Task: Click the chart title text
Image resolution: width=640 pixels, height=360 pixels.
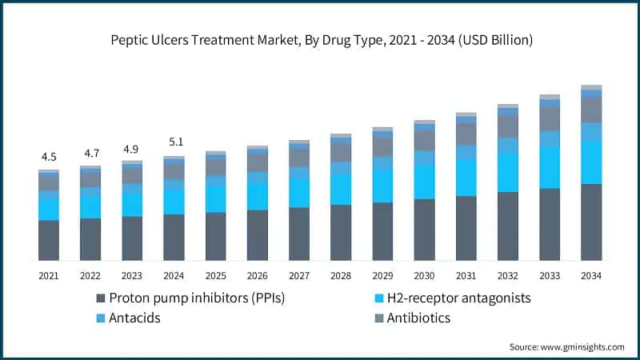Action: (320, 39)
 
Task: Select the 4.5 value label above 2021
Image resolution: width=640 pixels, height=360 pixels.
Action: (49, 157)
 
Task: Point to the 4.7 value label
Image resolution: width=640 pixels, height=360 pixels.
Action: (90, 153)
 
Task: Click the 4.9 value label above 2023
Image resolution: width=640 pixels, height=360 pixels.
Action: (132, 149)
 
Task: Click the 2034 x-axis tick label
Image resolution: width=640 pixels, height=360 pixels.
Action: (591, 275)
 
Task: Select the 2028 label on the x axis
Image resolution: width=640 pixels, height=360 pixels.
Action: (341, 275)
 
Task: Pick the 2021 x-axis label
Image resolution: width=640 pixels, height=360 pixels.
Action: (49, 275)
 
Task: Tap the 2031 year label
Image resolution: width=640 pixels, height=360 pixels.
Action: (466, 275)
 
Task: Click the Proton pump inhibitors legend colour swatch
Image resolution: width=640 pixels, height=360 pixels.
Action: (101, 298)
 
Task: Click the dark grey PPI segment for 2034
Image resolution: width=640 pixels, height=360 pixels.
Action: (591, 222)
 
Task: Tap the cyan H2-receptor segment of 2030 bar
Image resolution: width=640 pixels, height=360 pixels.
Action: (424, 182)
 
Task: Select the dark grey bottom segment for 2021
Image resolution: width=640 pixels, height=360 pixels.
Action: (49, 240)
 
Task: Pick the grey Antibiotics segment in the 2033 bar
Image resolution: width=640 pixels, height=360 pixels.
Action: (550, 118)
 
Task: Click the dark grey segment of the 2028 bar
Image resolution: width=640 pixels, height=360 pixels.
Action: (341, 232)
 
